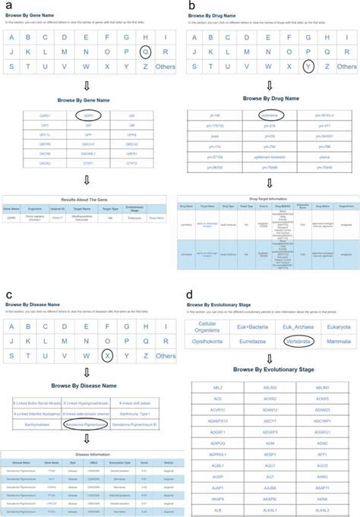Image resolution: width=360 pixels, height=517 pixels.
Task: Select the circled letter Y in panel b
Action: (x=308, y=67)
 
